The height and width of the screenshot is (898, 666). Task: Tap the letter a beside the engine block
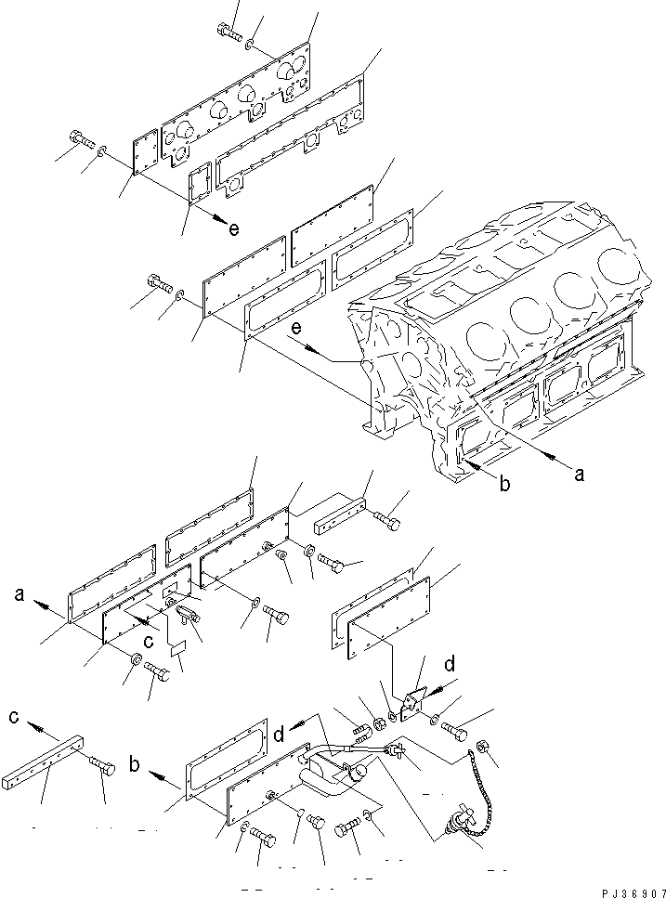tap(579, 474)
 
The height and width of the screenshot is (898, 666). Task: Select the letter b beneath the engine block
tap(504, 484)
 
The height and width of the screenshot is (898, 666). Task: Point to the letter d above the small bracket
tap(449, 664)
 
